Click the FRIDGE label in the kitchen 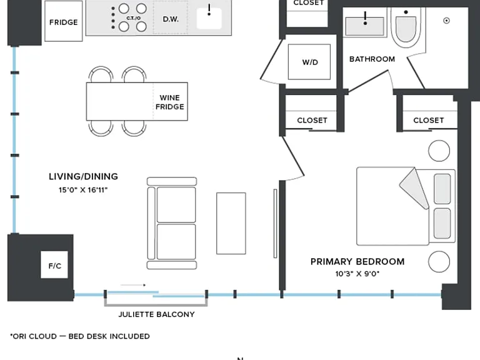[63, 22]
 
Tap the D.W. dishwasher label [171, 19]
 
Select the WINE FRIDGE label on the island [169, 102]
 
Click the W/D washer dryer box [309, 62]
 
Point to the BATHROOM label [372, 59]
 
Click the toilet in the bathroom [406, 28]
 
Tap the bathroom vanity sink [364, 26]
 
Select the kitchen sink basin [209, 18]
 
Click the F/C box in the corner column [54, 265]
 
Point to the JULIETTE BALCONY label [156, 314]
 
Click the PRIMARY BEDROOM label [357, 262]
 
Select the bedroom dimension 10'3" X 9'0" [357, 274]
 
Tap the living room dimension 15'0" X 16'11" [83, 190]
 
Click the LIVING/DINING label [83, 176]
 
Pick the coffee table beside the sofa [231, 224]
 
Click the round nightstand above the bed [439, 151]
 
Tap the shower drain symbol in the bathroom [446, 21]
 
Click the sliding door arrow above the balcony [133, 285]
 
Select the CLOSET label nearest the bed [428, 120]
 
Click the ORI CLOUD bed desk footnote [80, 336]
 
